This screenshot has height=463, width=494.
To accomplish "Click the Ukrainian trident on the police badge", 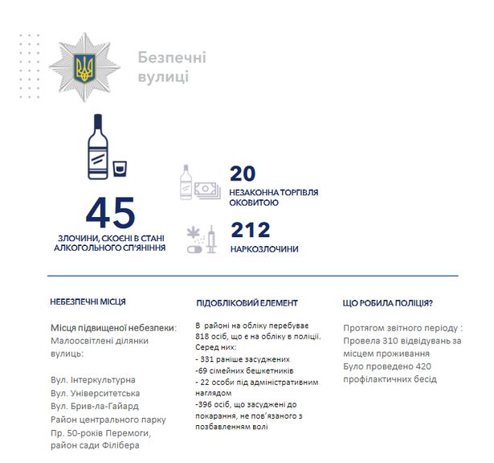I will tap(83, 66).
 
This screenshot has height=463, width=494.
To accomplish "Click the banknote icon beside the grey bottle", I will tap(206, 190).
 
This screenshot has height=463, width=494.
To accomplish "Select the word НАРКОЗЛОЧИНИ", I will tap(264, 249).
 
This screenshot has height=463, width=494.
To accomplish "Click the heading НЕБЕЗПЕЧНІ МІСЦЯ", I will tap(88, 302).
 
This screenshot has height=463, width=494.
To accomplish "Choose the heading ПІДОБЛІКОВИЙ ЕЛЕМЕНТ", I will tap(247, 303).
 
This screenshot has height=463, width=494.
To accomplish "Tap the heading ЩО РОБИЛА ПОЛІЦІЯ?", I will tap(388, 303).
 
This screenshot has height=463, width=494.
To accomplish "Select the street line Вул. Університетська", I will tap(95, 393).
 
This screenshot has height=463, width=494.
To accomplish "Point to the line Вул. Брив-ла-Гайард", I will tap(96, 406).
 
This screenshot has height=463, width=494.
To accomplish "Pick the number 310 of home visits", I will tap(403, 340).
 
